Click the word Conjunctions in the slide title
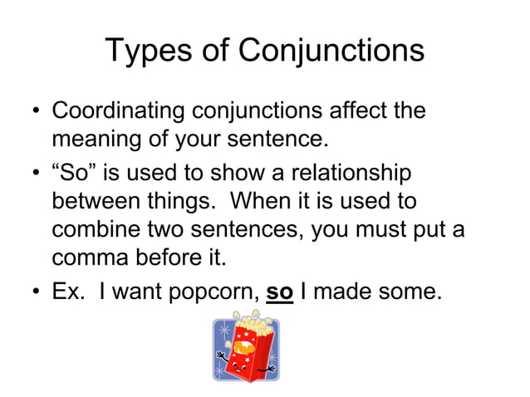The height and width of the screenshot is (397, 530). point(331,51)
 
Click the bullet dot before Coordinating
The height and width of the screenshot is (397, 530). point(36,111)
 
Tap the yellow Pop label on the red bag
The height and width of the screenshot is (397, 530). point(247,336)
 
